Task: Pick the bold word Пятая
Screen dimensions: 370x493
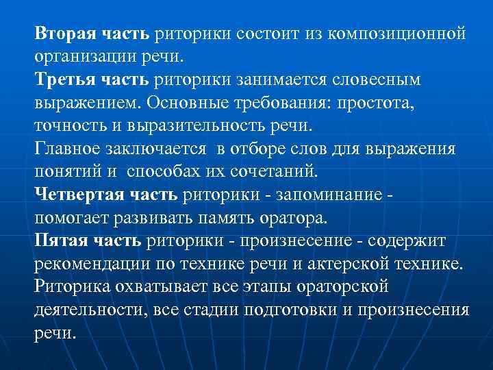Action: pyautogui.click(x=60, y=242)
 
